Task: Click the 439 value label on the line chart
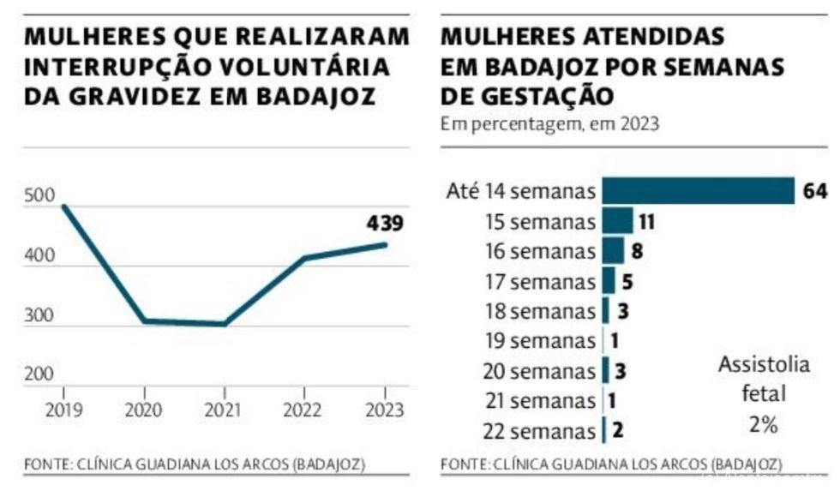point(385,224)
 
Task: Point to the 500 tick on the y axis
point(39,198)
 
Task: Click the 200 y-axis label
point(39,374)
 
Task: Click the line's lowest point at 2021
point(224,324)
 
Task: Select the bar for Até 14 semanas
point(698,190)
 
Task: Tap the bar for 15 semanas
point(617,221)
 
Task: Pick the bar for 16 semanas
point(613,251)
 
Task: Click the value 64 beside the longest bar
point(814,191)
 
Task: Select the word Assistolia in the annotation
point(764,365)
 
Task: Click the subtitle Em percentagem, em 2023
point(549,123)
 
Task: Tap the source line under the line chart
point(195,465)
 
